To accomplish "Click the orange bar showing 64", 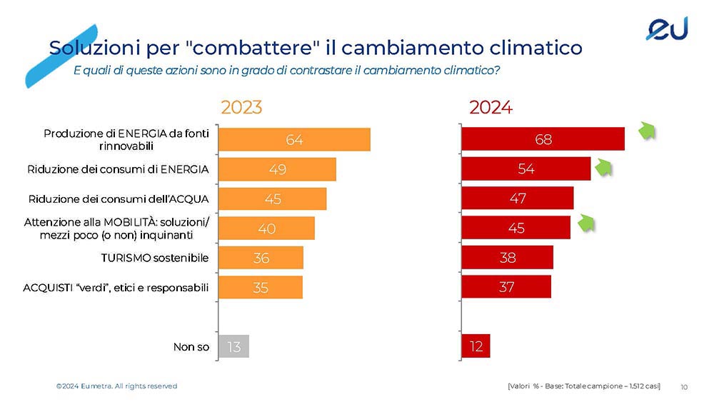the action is pyautogui.click(x=294, y=139).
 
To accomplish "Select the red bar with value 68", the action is pyautogui.click(x=543, y=139).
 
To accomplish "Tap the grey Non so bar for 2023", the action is pyautogui.click(x=233, y=346).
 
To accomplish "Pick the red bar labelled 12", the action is pyautogui.click(x=476, y=346).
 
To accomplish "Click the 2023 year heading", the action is pyautogui.click(x=241, y=107).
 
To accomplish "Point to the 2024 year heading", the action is pyautogui.click(x=491, y=107).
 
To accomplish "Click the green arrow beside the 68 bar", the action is pyautogui.click(x=647, y=131).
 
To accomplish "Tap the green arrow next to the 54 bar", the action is pyautogui.click(x=603, y=167).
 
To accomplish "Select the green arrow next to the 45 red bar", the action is pyautogui.click(x=586, y=223).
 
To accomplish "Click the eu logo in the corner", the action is pyautogui.click(x=667, y=29).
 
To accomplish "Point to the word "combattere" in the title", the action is pyautogui.click(x=253, y=47).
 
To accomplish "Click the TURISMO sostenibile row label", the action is pyautogui.click(x=155, y=258).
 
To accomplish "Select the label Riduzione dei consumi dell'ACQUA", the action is pyautogui.click(x=119, y=199).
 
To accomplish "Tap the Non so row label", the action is pyautogui.click(x=191, y=347).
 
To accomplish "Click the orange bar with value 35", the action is pyautogui.click(x=261, y=287).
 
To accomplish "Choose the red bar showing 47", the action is pyautogui.click(x=517, y=198).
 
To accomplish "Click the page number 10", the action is pyautogui.click(x=684, y=387).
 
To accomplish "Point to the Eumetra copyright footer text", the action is pyautogui.click(x=116, y=386).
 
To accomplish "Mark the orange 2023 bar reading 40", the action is pyautogui.click(x=266, y=228).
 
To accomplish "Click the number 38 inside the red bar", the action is pyautogui.click(x=508, y=258).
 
